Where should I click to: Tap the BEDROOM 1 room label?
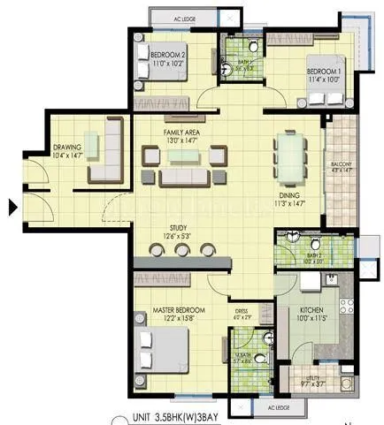click(x=322, y=71)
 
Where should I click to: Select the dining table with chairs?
click(x=288, y=156)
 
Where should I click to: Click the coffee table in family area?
click(x=184, y=156)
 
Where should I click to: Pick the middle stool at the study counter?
click(x=182, y=250)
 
